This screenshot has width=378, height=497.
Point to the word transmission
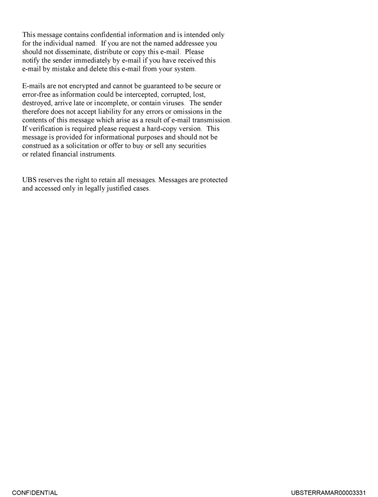(211, 120)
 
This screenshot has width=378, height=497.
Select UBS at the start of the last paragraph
(30, 180)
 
